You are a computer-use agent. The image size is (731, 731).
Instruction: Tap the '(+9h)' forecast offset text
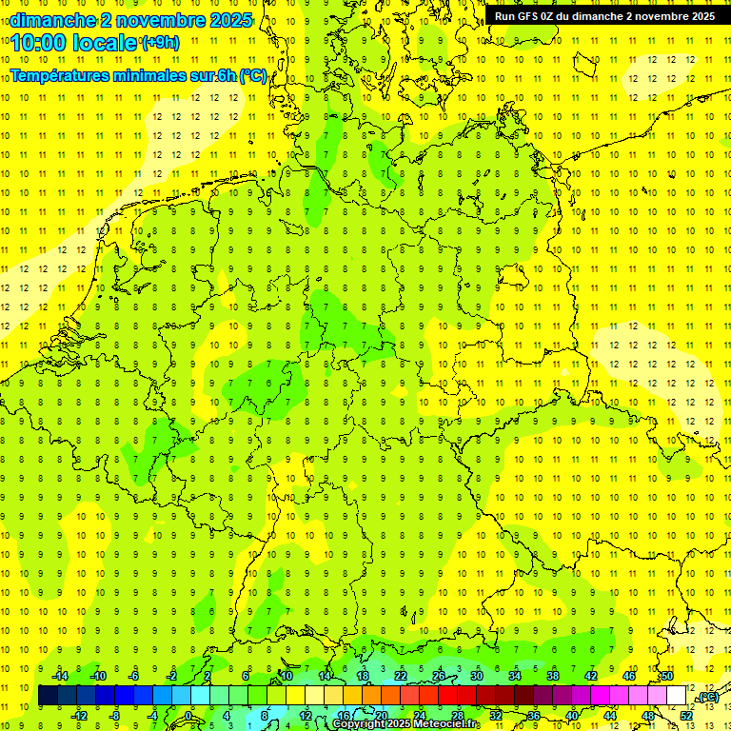tap(159, 43)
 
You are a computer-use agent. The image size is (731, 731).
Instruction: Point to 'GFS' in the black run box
tap(530, 16)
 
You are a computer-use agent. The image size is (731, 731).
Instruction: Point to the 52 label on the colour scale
tap(686, 716)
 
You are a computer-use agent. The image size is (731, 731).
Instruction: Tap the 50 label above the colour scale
tap(667, 676)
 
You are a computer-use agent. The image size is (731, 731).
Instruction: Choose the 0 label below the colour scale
tap(188, 716)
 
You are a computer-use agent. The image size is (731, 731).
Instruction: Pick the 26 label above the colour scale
tap(439, 676)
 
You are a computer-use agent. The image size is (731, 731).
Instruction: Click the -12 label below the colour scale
tap(79, 716)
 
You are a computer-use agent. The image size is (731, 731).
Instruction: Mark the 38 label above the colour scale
tap(553, 676)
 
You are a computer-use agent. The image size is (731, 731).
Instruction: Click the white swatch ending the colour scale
tap(677, 696)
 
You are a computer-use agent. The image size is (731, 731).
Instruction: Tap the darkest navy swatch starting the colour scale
tap(48, 696)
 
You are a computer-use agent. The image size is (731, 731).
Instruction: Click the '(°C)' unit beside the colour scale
tap(707, 697)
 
